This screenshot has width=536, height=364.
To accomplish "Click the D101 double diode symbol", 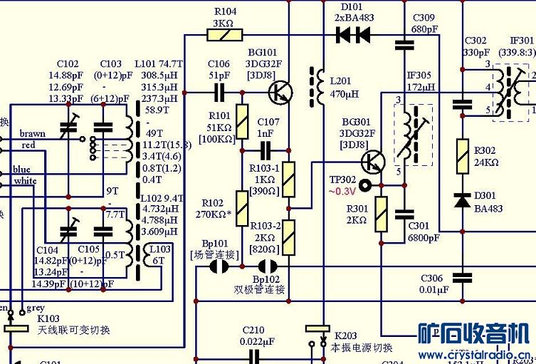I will pyautogui.click(x=354, y=33).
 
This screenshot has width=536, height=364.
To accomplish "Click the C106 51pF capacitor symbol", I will pyautogui.click(x=219, y=91).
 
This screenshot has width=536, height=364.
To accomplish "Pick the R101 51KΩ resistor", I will pyautogui.click(x=242, y=121).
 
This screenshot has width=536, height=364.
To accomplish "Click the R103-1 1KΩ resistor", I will pyautogui.click(x=289, y=179).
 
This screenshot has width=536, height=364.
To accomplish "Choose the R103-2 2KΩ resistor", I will pyautogui.click(x=289, y=238).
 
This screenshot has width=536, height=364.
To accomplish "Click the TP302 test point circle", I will pyautogui.click(x=366, y=186).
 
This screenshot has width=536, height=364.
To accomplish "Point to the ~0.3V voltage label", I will pyautogui.click(x=342, y=192).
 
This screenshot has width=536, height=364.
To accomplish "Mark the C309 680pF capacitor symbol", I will pyautogui.click(x=405, y=44).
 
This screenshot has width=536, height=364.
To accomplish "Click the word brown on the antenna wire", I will pyautogui.click(x=32, y=133).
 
